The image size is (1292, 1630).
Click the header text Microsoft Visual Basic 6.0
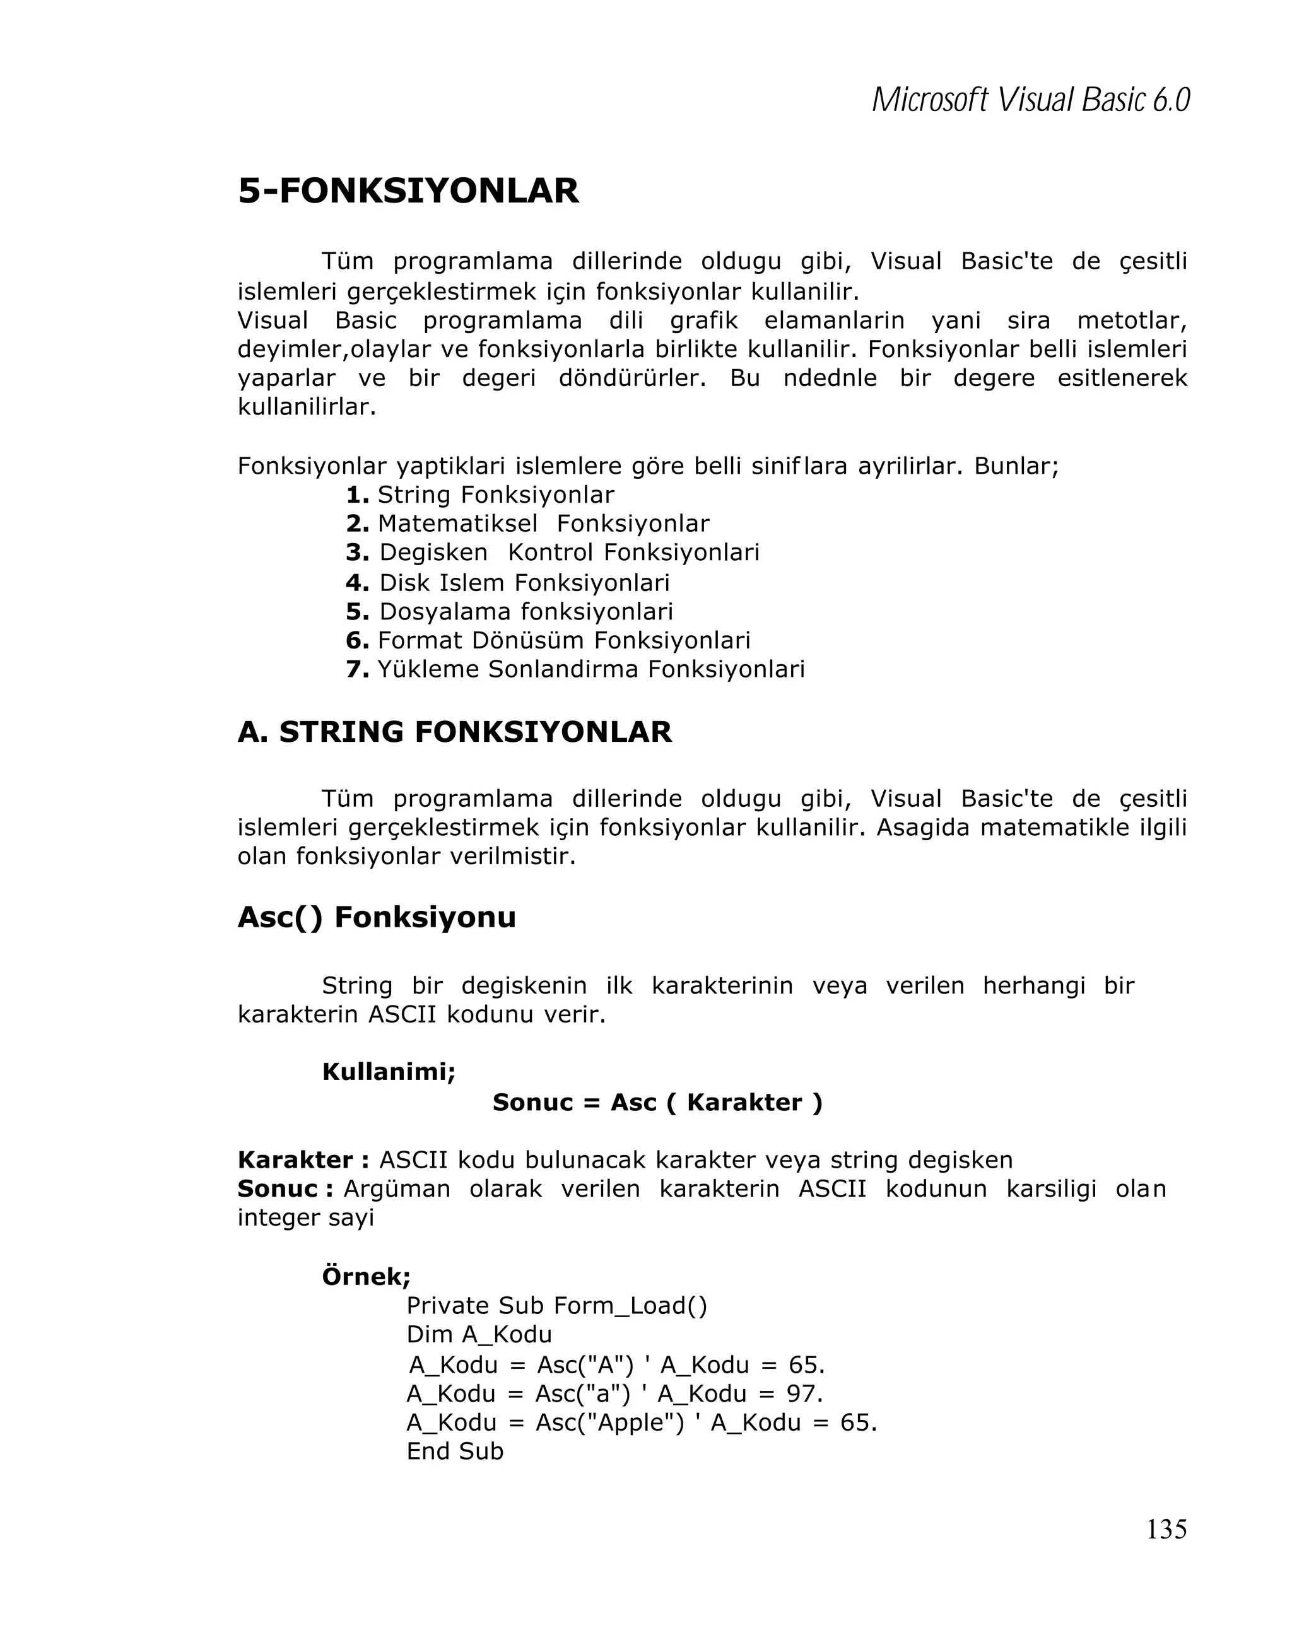click(1030, 100)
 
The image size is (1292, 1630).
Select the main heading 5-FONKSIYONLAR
click(408, 191)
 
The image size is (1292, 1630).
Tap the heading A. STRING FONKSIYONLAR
click(454, 732)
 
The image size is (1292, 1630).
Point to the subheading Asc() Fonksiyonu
click(377, 917)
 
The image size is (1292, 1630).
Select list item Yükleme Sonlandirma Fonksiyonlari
click(590, 669)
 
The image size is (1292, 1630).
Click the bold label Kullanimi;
click(389, 1070)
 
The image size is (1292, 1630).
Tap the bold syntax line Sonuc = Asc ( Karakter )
click(657, 1102)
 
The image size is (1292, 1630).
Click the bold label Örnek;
click(366, 1276)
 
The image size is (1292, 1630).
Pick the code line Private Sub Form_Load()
click(556, 1306)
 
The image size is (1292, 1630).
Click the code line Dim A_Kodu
click(479, 1334)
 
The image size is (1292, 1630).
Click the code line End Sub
click(454, 1451)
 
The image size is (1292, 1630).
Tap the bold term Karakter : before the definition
click(303, 1160)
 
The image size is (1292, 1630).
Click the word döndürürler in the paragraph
click(631, 378)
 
